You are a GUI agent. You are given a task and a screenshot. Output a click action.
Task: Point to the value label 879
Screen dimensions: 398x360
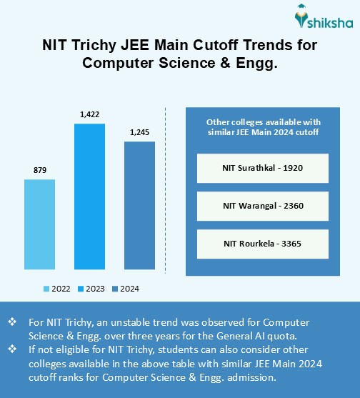40,170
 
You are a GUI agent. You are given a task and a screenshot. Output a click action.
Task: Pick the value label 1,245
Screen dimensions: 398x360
139,131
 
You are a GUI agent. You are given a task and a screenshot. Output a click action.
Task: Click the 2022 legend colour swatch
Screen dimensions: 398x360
46,289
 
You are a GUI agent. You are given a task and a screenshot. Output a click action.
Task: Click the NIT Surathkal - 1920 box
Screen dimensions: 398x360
262,168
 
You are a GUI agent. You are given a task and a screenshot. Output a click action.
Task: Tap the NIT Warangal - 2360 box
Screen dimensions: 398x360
262,206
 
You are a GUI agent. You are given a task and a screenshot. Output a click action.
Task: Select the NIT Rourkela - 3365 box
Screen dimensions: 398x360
262,244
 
